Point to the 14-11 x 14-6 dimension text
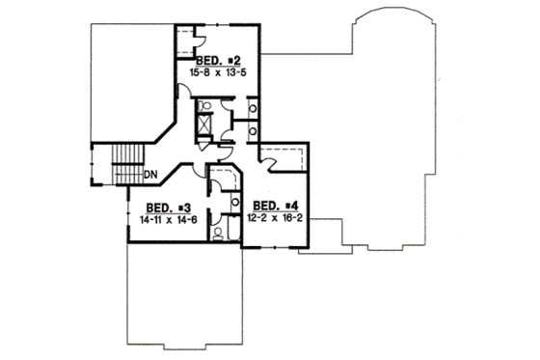pos(167,219)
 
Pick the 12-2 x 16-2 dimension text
pos(276,218)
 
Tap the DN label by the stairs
pos(150,175)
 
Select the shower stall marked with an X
pos(205,125)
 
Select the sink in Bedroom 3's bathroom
pos(234,202)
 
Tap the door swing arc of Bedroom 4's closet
pos(273,166)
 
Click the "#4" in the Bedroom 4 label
pos(290,207)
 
